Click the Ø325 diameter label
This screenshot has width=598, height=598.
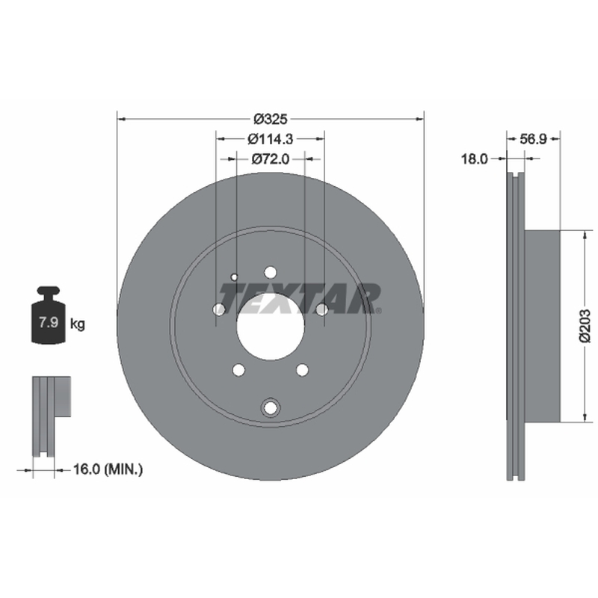[x=271, y=120]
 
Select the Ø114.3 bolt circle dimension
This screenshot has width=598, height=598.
[x=271, y=139]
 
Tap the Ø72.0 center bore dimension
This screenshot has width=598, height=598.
[x=271, y=158]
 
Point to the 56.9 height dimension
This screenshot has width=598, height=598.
[x=533, y=139]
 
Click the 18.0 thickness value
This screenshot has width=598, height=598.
[x=475, y=158]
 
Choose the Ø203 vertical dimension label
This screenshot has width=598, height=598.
[x=585, y=326]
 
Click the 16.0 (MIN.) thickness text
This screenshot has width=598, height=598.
[x=108, y=469]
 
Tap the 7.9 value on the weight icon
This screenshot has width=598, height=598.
[x=49, y=322]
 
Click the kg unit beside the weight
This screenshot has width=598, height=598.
[x=78, y=324]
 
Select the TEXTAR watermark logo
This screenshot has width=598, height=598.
[x=300, y=298]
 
